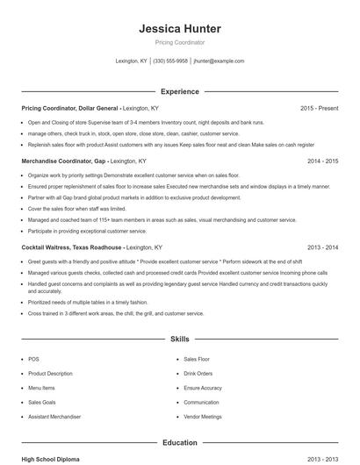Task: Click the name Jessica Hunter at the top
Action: (x=179, y=28)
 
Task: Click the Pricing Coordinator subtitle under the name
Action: (x=179, y=42)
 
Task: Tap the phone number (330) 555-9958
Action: (x=170, y=61)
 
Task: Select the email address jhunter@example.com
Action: (x=219, y=61)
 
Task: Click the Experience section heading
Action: (x=179, y=91)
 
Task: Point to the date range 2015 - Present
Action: (x=319, y=108)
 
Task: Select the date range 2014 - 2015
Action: (x=322, y=161)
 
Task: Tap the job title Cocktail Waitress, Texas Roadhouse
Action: (x=72, y=247)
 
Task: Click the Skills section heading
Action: (x=179, y=338)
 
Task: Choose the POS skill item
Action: (x=33, y=359)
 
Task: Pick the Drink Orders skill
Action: (x=198, y=374)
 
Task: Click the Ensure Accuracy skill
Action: (x=203, y=388)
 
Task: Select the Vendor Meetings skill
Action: (x=203, y=417)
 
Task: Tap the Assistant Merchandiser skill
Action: (x=54, y=417)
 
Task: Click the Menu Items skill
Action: (x=41, y=388)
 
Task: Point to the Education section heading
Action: (x=179, y=443)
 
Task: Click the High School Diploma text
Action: (x=52, y=459)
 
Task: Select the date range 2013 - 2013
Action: (x=322, y=459)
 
